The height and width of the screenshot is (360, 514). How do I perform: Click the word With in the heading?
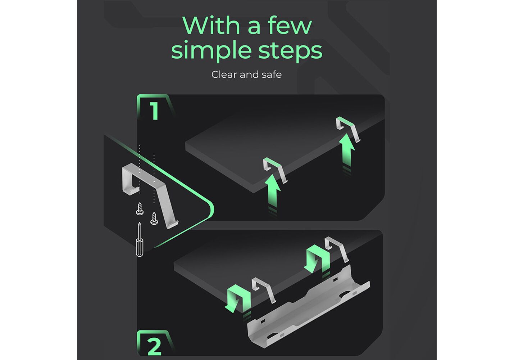tap(211, 25)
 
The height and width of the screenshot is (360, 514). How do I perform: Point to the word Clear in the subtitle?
tap(224, 75)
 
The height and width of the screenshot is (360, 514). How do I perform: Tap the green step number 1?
tap(154, 111)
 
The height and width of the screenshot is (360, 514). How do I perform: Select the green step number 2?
tap(154, 347)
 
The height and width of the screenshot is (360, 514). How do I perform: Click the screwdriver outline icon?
tap(140, 239)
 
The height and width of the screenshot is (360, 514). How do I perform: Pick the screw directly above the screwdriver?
tap(140, 209)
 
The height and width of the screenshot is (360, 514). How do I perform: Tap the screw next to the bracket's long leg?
tap(154, 219)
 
